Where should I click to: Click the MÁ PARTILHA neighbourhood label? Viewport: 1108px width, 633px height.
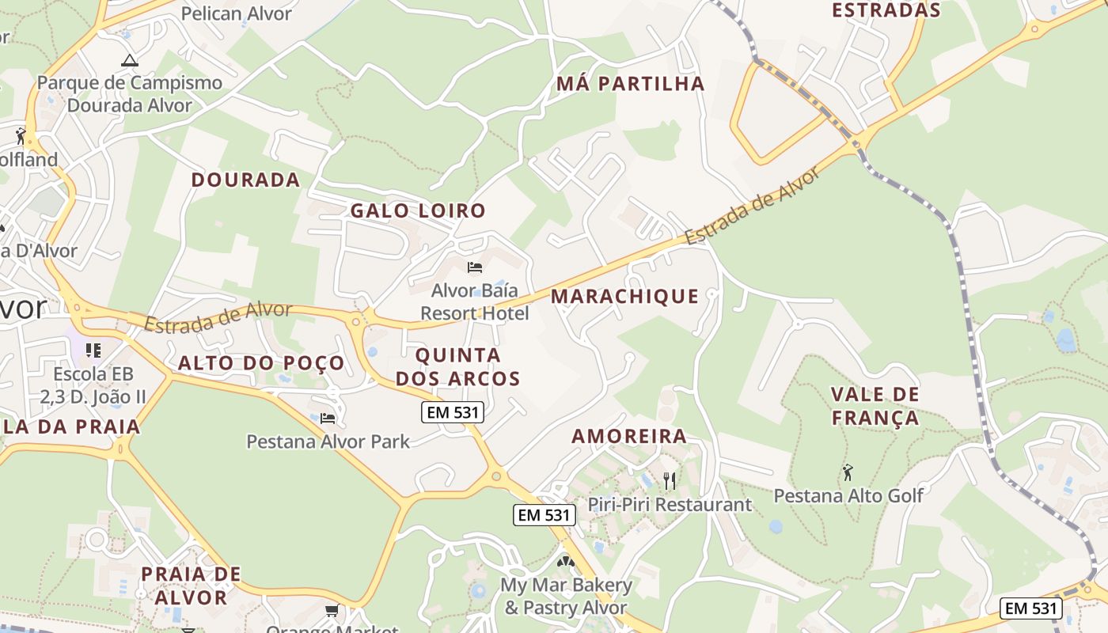[x=630, y=84]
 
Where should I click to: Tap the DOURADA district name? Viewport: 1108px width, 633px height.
[x=245, y=180]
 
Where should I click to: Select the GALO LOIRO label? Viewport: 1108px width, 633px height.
[x=418, y=210]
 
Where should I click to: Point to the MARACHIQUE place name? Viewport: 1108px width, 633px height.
[x=625, y=297]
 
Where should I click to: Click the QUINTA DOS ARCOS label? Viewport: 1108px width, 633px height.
[x=458, y=366]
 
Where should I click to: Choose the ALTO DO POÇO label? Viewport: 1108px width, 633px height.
[x=261, y=363]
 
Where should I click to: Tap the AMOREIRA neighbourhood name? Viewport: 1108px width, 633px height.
[x=629, y=436]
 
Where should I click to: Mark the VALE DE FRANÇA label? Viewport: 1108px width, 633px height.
[x=875, y=406]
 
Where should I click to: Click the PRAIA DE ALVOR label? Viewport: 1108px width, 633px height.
[x=191, y=586]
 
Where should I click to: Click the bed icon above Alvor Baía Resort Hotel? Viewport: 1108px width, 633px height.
[x=475, y=267]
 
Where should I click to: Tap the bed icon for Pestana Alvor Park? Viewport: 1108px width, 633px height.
[x=328, y=418]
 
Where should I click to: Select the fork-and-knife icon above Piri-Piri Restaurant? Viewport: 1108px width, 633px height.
[x=670, y=480]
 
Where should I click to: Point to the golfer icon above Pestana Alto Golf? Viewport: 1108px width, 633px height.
[x=848, y=472]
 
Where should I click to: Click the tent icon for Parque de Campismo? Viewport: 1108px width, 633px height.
[x=129, y=60]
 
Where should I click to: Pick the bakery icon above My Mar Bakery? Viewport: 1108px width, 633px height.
[x=565, y=562]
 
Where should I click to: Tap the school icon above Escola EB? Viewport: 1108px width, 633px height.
[x=93, y=350]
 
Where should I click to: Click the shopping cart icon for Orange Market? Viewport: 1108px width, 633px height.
[x=332, y=610]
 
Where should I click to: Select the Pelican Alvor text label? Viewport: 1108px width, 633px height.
[x=237, y=13]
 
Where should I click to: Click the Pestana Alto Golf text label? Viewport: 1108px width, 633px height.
[x=848, y=496]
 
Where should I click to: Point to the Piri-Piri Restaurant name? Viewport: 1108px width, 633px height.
[x=670, y=504]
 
